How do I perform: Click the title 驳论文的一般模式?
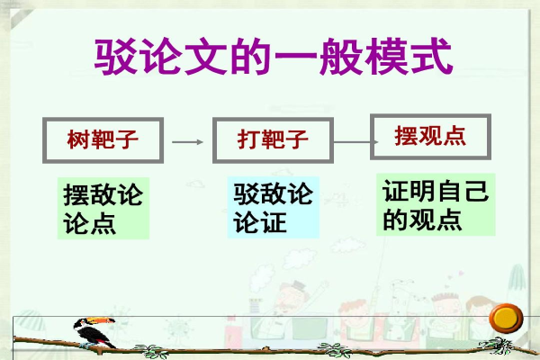pyautogui.click(x=273, y=57)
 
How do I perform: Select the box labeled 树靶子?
pyautogui.click(x=103, y=140)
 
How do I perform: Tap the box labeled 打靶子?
pyautogui.click(x=273, y=140)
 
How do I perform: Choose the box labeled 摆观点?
pyautogui.click(x=430, y=137)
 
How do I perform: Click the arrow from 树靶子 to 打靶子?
pyautogui.click(x=188, y=141)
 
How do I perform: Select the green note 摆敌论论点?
pyautogui.click(x=103, y=208)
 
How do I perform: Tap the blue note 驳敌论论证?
pyautogui.click(x=273, y=207)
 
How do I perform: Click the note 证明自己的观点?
pyautogui.click(x=436, y=204)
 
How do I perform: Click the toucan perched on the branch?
pyautogui.click(x=94, y=333)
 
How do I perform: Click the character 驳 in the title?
pyautogui.click(x=115, y=57)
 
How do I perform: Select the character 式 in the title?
pyautogui.click(x=431, y=56)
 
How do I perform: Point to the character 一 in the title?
pyautogui.click(x=296, y=56)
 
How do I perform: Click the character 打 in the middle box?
pyautogui.click(x=248, y=139)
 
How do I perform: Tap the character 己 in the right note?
pyautogui.click(x=477, y=191)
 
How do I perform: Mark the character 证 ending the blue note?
pyautogui.click(x=274, y=222)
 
